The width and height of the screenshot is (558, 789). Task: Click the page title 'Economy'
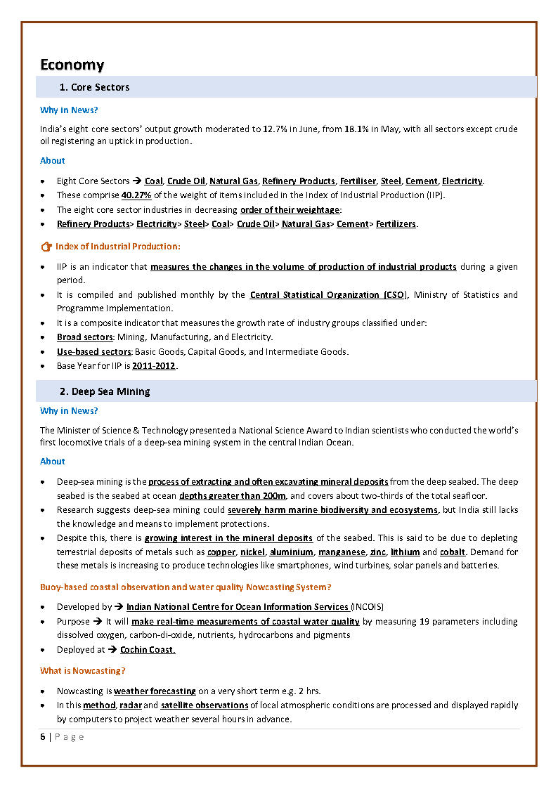(x=72, y=65)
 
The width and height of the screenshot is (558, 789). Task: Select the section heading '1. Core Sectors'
(x=94, y=87)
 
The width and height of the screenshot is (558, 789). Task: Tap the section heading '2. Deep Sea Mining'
(x=105, y=391)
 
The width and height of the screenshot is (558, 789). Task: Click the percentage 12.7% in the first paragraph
(x=275, y=129)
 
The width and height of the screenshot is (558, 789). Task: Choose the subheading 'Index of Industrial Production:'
(x=118, y=247)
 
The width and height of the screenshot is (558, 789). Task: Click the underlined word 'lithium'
(x=405, y=552)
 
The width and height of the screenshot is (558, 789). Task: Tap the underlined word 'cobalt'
(x=453, y=552)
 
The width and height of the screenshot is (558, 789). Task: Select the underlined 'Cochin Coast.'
(x=148, y=650)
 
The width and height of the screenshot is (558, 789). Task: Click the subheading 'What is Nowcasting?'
(x=83, y=671)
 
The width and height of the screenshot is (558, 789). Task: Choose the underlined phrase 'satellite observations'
(x=205, y=705)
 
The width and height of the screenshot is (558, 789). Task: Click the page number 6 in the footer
(x=42, y=736)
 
